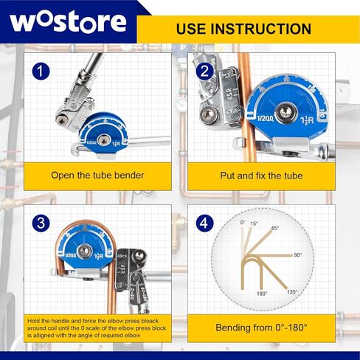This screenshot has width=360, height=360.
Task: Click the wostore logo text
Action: (68, 21)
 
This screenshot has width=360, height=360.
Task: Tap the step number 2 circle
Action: (205, 71)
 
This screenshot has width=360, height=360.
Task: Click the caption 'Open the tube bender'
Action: (97, 176)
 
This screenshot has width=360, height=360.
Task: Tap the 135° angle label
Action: (292, 292)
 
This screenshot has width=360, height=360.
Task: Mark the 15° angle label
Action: (255, 224)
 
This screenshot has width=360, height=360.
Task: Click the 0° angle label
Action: (243, 221)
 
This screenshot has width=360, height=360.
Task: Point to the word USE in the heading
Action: (192, 30)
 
